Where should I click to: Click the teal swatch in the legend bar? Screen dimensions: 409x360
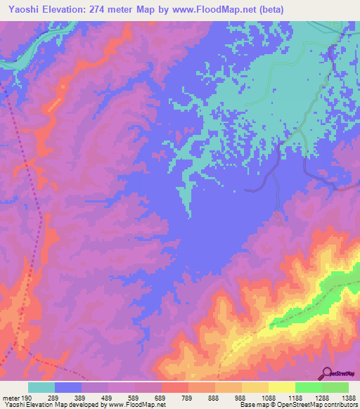(x=41, y=387)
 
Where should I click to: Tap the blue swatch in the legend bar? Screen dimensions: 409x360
(x=68, y=387)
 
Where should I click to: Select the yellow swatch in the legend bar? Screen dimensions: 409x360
(x=281, y=387)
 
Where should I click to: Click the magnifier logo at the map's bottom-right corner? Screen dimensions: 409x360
(x=328, y=373)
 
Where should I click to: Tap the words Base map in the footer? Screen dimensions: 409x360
(x=251, y=405)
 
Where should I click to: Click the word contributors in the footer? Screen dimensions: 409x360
(x=340, y=405)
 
